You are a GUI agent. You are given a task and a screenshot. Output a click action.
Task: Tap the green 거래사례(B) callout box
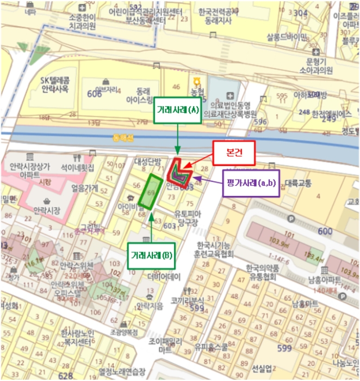click(x=151, y=255)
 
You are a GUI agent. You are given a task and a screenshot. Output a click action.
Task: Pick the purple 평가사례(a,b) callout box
click(x=251, y=182)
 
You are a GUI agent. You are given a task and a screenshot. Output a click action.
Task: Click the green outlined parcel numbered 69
click(x=150, y=192)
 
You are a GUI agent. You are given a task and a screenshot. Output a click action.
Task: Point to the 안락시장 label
click(x=47, y=209)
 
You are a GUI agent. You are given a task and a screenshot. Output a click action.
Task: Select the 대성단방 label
click(x=147, y=162)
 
